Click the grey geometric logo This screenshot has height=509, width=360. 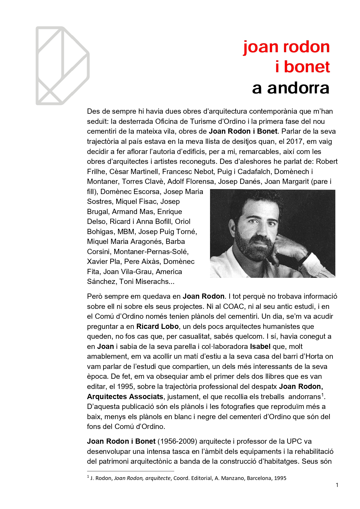pyautogui.click(x=62, y=66)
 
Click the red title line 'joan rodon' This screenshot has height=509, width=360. pyautogui.click(x=286, y=47)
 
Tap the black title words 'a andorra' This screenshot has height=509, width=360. pyautogui.click(x=291, y=88)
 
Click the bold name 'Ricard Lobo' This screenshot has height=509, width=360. pyautogui.click(x=157, y=327)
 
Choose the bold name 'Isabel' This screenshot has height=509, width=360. pyautogui.click(x=260, y=347)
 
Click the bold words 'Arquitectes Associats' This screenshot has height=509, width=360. pyautogui.click(x=125, y=397)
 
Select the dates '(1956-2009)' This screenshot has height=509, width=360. pyautogui.click(x=177, y=441)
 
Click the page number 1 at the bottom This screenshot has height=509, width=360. pyautogui.click(x=337, y=485)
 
